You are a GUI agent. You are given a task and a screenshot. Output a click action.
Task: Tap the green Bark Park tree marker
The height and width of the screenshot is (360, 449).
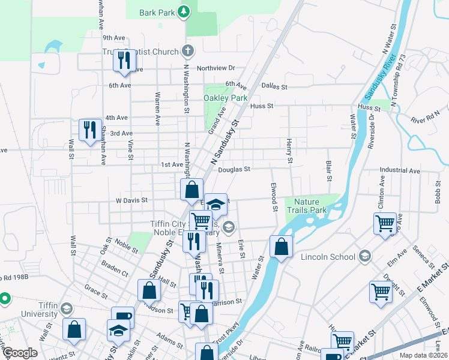(184, 11)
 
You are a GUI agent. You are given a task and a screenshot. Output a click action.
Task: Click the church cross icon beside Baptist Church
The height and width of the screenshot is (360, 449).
(188, 51)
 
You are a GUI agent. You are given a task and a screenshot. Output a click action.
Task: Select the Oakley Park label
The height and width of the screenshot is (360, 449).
(226, 98)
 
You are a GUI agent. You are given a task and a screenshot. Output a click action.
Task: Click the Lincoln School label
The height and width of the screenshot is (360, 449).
(334, 257)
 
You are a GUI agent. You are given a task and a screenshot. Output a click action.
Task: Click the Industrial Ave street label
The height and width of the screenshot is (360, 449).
(399, 170)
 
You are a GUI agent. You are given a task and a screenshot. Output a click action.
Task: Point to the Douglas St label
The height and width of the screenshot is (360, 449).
(234, 170)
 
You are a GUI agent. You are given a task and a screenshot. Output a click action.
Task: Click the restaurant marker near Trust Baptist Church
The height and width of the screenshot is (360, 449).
(124, 61)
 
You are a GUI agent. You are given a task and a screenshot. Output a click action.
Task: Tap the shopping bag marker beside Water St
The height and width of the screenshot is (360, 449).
(281, 247)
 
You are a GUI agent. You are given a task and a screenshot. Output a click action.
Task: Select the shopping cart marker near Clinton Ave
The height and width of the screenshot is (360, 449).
(385, 224)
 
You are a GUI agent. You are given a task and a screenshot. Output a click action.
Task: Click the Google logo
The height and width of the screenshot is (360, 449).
(20, 353)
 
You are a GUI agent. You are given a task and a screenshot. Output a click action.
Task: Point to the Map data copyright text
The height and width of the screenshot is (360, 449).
(423, 355)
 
